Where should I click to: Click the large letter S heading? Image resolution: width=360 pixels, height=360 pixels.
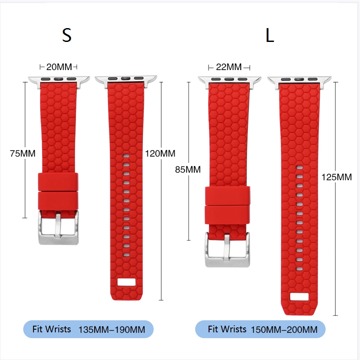67,35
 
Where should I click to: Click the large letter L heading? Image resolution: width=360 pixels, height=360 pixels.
270,35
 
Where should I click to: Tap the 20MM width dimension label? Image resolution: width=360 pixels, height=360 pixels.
59,67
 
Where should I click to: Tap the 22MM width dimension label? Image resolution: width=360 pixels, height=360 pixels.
229,67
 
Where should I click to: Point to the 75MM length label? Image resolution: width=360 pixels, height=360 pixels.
22,153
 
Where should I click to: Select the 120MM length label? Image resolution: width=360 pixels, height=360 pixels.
160,153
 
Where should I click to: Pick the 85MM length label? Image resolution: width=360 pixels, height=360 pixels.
188,170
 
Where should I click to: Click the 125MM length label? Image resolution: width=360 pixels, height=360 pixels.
337,177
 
